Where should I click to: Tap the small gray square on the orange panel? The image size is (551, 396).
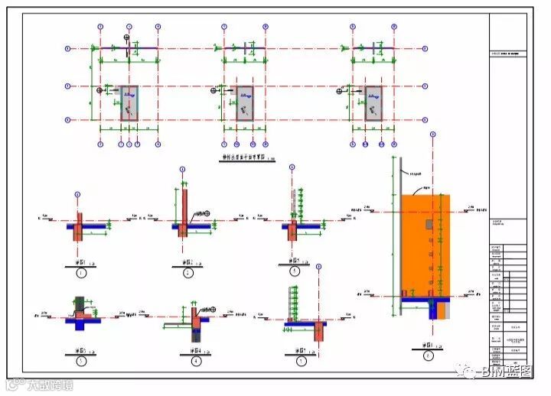pos(429,223)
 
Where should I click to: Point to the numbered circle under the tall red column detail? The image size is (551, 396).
pos(187,273)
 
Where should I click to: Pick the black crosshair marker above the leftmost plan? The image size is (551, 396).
pos(127,37)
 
